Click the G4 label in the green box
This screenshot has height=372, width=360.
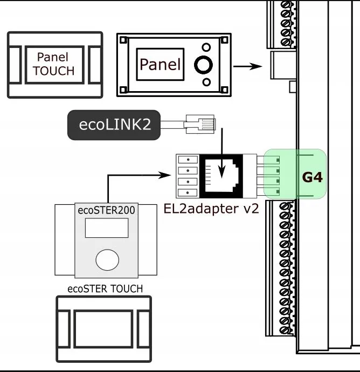tap(312, 176)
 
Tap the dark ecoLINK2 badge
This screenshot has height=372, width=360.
tap(114, 125)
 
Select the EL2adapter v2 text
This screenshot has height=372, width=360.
tap(211, 208)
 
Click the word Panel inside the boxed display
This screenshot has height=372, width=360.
tap(160, 65)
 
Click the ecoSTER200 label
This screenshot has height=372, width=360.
tap(106, 210)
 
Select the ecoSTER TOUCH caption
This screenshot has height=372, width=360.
tap(105, 288)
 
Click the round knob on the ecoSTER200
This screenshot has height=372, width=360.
tap(106, 259)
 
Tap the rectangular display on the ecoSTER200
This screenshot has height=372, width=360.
tap(106, 228)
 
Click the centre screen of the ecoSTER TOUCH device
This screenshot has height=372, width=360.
tap(103, 328)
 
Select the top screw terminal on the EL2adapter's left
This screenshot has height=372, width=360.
tap(186, 160)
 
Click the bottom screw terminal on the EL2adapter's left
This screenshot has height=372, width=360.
tap(186, 192)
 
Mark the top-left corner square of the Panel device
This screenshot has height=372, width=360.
tap(123, 40)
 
